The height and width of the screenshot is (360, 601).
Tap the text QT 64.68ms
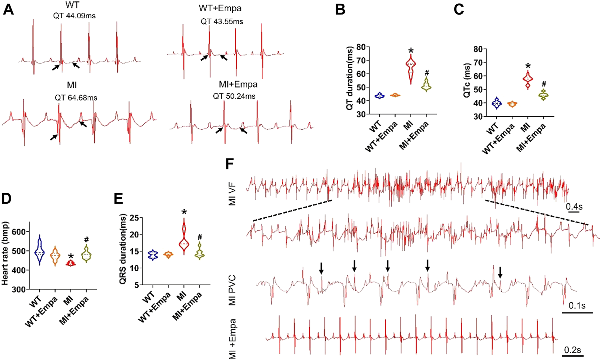[76, 98]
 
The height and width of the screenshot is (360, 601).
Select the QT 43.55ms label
[222, 22]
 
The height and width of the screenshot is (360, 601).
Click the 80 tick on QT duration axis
[361, 47]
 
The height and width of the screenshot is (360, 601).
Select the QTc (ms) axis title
[467, 84]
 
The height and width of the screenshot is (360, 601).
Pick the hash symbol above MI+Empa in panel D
[87, 240]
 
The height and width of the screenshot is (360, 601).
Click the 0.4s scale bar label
[574, 207]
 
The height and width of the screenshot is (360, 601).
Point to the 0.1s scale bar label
[577, 305]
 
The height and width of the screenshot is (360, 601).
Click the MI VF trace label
[233, 195]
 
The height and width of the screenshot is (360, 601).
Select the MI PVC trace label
[233, 291]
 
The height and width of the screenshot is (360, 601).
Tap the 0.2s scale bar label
[573, 350]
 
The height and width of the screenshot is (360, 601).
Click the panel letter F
[230, 164]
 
